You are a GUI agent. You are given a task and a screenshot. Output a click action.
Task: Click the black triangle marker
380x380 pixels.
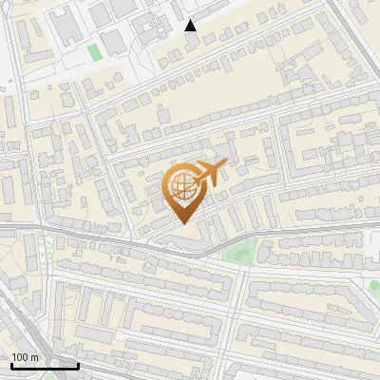[191, 26]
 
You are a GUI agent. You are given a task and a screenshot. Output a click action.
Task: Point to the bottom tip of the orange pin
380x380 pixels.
[183, 223]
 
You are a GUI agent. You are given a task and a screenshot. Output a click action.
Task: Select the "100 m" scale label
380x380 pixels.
[26, 356]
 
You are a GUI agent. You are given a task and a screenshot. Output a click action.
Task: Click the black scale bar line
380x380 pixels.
[44, 365]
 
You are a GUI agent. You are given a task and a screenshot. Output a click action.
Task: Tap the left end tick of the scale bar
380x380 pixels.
[10, 363]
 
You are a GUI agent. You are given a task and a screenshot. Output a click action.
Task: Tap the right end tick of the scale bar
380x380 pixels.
[78, 363]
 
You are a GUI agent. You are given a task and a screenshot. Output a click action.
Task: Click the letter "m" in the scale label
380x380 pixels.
[35, 356]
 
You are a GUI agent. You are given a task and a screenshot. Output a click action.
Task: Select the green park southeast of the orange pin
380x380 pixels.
[239, 252]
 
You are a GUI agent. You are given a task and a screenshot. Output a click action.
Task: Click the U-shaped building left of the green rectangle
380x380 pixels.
[69, 30]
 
